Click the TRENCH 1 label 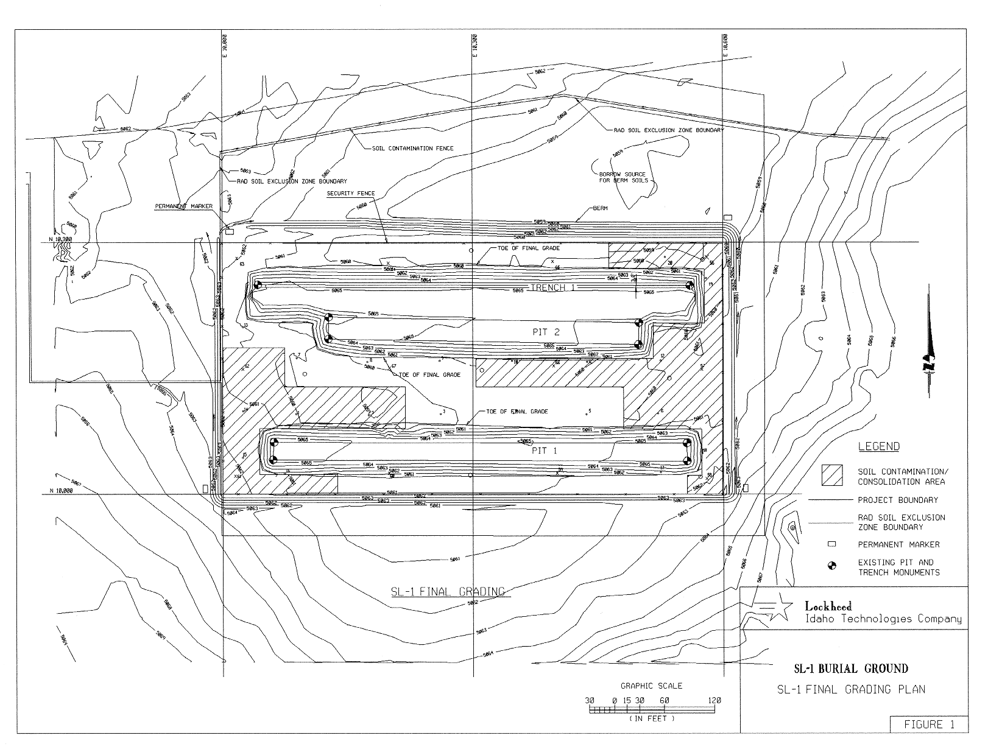tap(552, 287)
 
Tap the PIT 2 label tap(546, 332)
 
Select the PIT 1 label tap(545, 451)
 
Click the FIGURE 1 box tap(928, 724)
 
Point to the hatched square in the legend tap(831, 476)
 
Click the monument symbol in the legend tap(831, 567)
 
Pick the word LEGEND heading tap(878, 446)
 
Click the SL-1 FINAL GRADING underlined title tap(448, 591)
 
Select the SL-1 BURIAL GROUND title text tap(851, 669)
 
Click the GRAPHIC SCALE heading tap(651, 686)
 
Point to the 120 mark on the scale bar tap(714, 700)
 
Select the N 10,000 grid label tap(60, 491)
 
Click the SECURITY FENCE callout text tap(351, 194)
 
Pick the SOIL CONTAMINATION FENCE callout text tap(412, 148)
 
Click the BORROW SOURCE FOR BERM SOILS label tap(623, 178)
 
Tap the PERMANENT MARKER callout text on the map tap(183, 206)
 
